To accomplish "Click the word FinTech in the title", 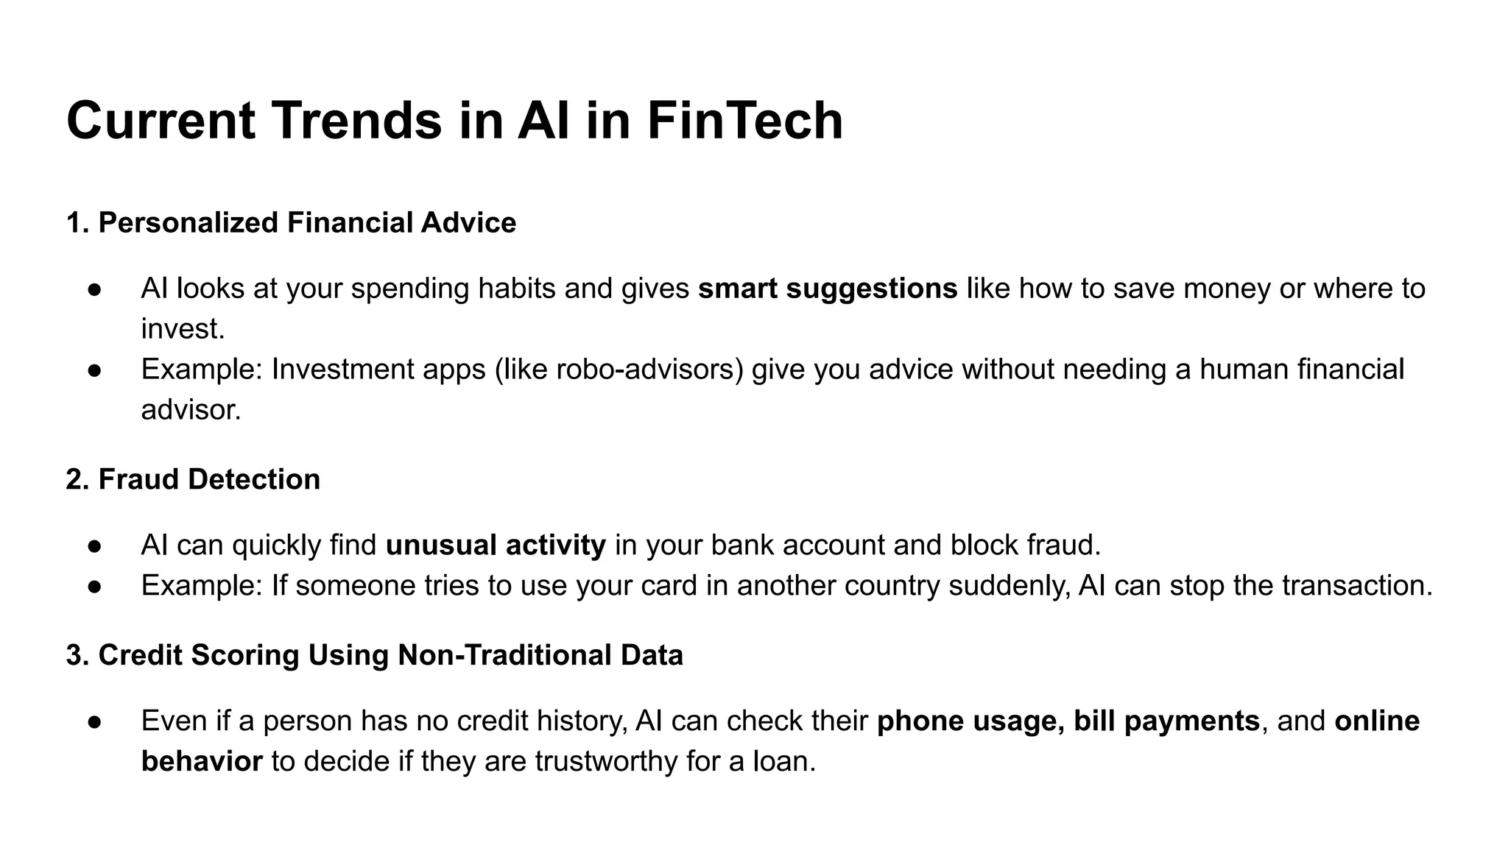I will point(744,121).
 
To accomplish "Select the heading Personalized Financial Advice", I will point(306,223).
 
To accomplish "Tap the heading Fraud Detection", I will point(209,479).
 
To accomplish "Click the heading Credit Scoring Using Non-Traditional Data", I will point(390,655).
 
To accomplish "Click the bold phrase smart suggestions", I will point(828,289).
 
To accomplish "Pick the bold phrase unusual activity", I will point(496,545).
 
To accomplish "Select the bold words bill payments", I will point(1166,721).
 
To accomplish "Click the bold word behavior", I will point(202,761).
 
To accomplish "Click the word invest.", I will point(183,329).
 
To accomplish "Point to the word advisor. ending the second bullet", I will point(191,410).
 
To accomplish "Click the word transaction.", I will point(1357,586).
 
